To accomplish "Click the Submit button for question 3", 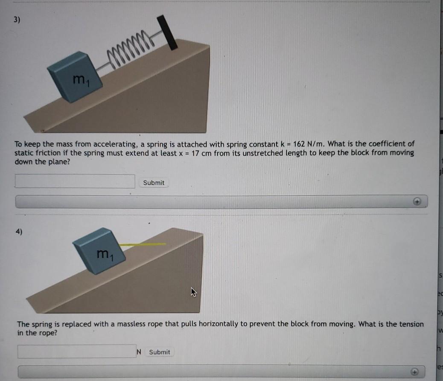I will tap(154, 183).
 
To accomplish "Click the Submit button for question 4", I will tap(160, 352).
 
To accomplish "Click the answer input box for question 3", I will tap(75, 181).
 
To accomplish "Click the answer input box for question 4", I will tap(77, 351).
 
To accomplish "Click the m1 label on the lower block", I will tap(104, 255).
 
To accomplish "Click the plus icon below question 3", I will tap(418, 201).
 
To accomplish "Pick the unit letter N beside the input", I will tap(139, 352).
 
